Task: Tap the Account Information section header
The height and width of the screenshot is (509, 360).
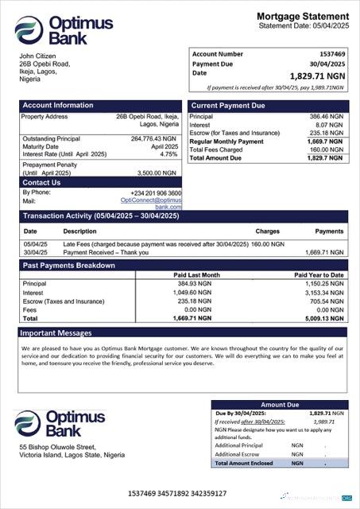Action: click(x=58, y=105)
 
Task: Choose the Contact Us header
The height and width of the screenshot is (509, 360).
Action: click(x=41, y=183)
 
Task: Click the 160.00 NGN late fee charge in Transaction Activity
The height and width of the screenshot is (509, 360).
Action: click(x=272, y=244)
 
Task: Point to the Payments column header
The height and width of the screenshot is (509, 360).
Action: click(x=329, y=231)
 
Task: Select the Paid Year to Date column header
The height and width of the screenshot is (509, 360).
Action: click(x=319, y=275)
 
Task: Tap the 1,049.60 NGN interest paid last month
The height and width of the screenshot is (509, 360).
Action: click(x=193, y=293)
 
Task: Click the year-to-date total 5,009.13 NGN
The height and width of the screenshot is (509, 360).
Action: click(x=324, y=318)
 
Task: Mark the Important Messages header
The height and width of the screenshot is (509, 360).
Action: click(x=56, y=332)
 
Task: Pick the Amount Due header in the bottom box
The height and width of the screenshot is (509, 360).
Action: click(x=280, y=405)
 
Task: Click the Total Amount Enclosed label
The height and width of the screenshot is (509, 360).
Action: click(x=246, y=462)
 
